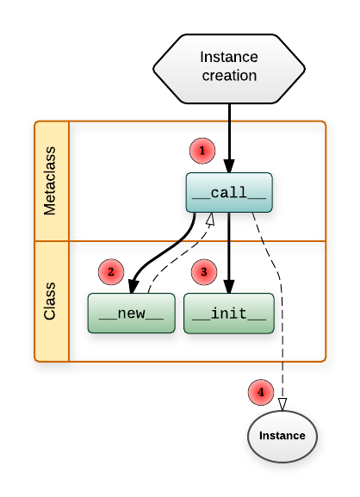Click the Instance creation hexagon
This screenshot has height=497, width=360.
coord(229,66)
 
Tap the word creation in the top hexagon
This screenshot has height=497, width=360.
coord(229,76)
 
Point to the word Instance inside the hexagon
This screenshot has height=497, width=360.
coord(229,57)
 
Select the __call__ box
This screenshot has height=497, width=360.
coord(230,192)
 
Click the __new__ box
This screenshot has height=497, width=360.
coord(131,313)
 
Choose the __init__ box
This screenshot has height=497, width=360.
coord(230,313)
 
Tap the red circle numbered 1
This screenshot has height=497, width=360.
coord(202,151)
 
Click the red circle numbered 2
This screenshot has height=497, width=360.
coord(111,272)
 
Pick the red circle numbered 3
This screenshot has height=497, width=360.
coord(203,272)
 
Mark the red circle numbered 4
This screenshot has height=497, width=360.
coord(260,392)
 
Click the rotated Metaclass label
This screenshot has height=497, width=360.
coord(50,182)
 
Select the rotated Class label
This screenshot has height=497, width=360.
coord(50,301)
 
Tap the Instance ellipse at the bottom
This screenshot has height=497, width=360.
coord(282,436)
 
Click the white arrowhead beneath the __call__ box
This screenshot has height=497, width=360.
coord(208,221)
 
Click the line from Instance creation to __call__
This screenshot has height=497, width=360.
coord(230,129)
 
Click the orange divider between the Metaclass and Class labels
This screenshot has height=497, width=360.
coord(50,241)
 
